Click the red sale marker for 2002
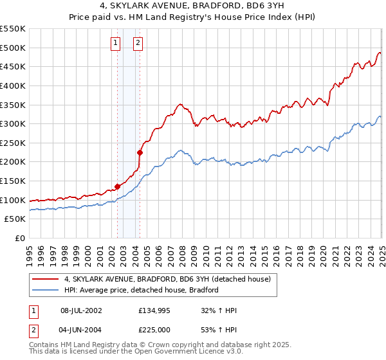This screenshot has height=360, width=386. tap(117, 186)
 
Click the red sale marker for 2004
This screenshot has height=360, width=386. tap(140, 152)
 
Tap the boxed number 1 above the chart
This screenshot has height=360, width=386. tap(115, 44)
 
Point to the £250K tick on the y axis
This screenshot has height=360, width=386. tap(14, 143)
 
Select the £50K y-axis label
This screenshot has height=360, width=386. tap(16, 219)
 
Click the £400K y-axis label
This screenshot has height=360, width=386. tap(14, 85)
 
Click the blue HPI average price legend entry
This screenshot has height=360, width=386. tap(142, 290)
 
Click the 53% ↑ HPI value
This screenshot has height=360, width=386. tap(219, 329)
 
